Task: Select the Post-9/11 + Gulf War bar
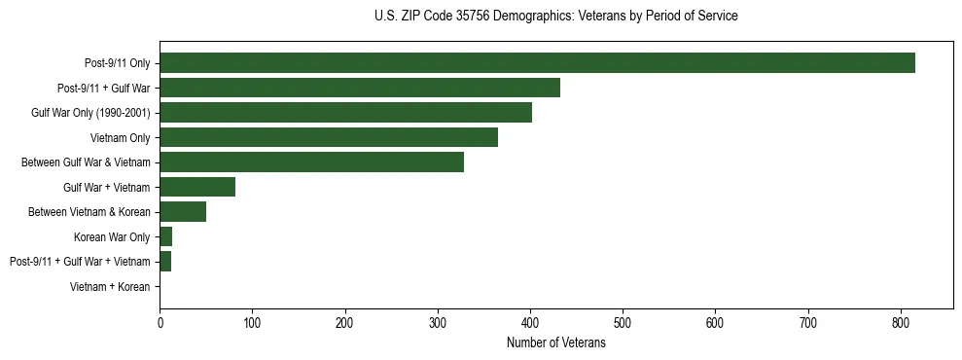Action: (360, 88)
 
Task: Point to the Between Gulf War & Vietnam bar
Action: (311, 162)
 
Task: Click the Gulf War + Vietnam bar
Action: (197, 187)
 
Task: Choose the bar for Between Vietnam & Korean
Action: (183, 212)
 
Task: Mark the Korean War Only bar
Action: (166, 236)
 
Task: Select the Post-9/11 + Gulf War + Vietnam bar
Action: (165, 262)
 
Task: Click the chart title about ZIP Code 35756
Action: (555, 17)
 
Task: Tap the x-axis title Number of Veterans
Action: (555, 343)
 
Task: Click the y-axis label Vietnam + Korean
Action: (110, 287)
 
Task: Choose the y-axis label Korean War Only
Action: (112, 237)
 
